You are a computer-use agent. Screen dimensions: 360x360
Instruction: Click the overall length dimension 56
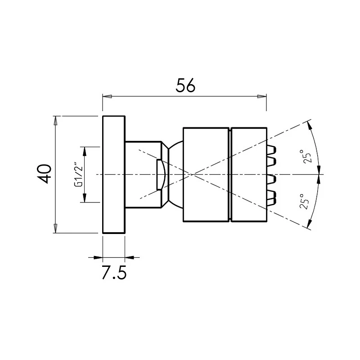tap(185, 85)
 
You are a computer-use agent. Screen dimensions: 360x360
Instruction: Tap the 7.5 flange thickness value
tap(113, 273)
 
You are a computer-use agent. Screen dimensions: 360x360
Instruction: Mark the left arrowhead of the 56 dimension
tap(107, 96)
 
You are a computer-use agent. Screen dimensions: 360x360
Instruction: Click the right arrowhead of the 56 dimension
tap(262, 96)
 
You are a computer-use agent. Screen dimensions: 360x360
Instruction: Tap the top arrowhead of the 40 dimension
tap(56, 120)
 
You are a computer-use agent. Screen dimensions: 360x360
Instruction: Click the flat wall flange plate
tap(114, 174)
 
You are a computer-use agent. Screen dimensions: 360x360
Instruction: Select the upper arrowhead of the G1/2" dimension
tap(84, 150)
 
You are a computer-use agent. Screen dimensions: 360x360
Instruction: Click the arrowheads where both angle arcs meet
tap(320, 174)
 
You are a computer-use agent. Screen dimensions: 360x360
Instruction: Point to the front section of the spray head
tap(248, 174)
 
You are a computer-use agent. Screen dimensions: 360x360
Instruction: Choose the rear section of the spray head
tap(206, 174)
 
